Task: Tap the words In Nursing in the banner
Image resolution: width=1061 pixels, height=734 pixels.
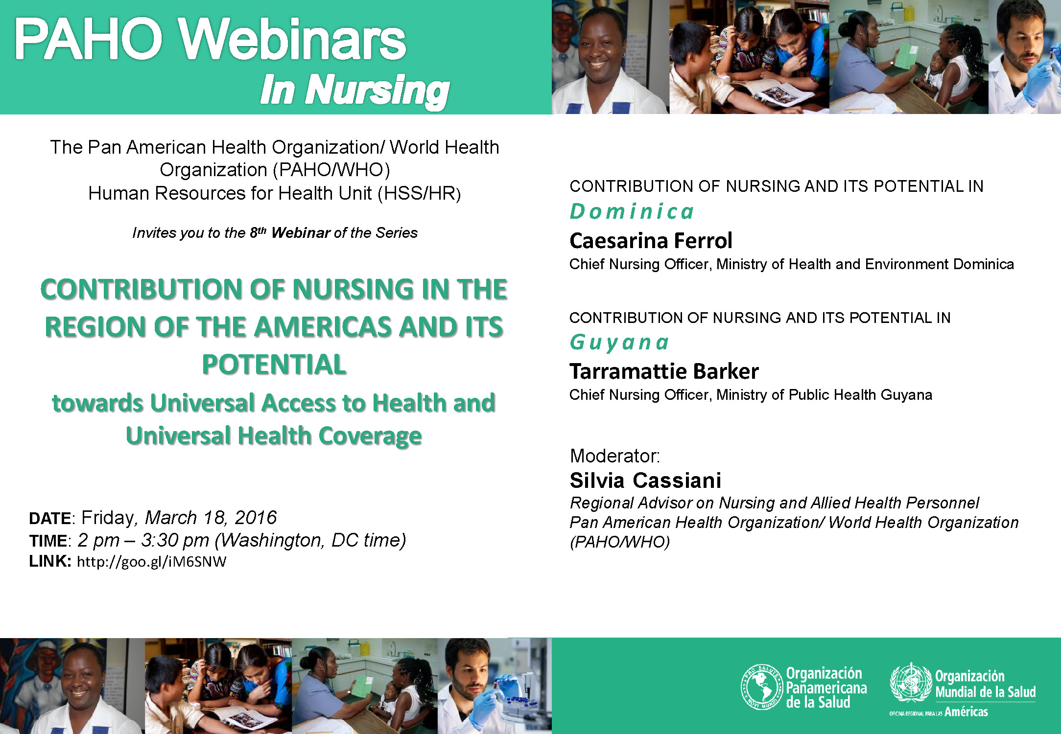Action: (354, 90)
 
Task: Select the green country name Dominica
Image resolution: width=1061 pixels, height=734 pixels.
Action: (632, 211)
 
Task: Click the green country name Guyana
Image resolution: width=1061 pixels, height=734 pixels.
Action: (619, 343)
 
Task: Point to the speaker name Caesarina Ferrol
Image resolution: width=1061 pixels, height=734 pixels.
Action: (651, 240)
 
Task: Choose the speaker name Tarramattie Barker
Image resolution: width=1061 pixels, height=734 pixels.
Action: (664, 371)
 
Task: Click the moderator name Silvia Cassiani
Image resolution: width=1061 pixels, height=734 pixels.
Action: (645, 481)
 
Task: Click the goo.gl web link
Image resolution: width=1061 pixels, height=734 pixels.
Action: (152, 561)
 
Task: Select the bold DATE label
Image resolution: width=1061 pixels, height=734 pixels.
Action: (50, 518)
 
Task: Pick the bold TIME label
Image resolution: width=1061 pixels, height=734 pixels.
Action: (48, 541)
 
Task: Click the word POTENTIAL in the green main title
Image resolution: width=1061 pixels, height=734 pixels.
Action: (274, 365)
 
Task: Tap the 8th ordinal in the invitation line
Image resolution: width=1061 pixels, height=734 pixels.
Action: (258, 232)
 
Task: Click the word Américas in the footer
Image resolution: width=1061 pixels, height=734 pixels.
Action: (966, 711)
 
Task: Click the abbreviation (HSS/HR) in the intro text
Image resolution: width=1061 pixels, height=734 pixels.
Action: (419, 193)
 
